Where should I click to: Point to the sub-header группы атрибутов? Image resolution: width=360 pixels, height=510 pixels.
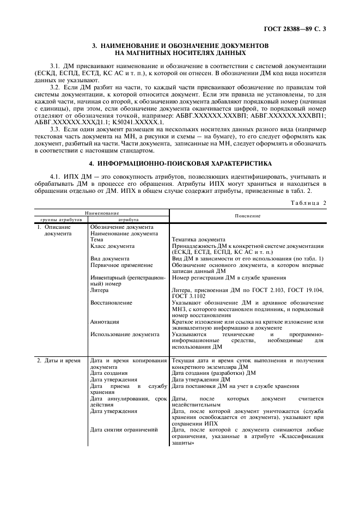tap(60, 219)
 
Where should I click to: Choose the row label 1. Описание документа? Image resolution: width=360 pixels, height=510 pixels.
tap(54, 230)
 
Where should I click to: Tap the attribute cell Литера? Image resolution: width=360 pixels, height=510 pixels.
tap(100, 290)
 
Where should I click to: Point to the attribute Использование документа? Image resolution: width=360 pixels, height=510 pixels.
tap(125, 334)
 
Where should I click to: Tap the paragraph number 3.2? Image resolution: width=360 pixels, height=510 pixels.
tap(56, 87)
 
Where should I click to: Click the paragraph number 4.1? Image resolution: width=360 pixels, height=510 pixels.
tap(56, 177)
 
